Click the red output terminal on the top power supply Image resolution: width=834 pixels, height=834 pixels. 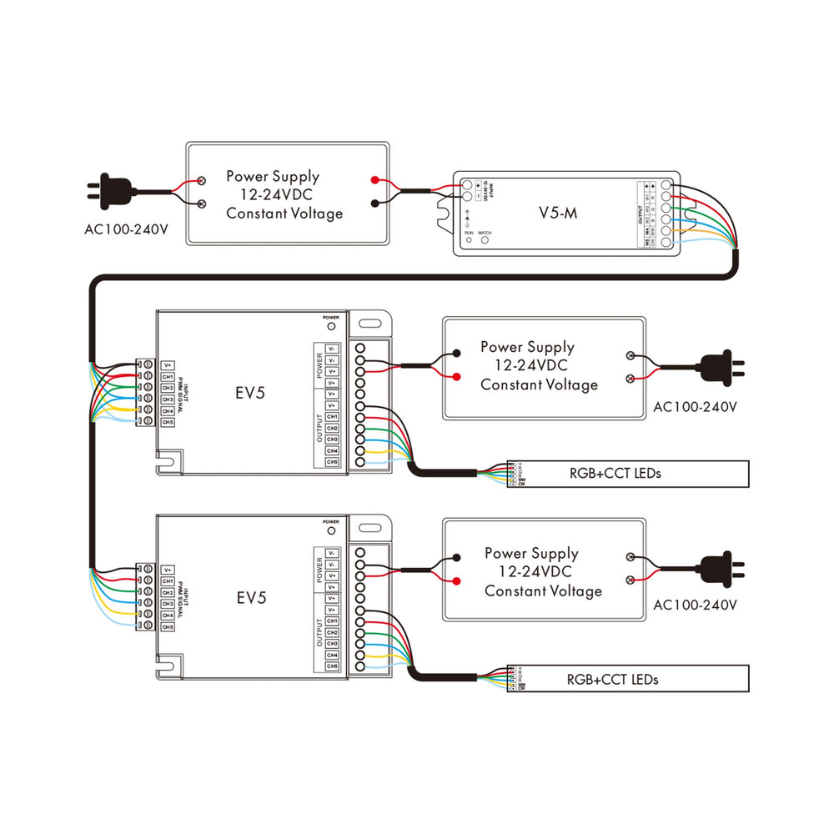(x=376, y=180)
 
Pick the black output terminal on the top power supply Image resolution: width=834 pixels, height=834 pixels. (x=376, y=203)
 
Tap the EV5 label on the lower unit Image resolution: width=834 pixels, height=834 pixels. (x=250, y=597)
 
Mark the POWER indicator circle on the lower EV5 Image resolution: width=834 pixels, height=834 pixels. (x=331, y=530)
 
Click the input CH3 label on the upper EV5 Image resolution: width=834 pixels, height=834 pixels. (x=168, y=399)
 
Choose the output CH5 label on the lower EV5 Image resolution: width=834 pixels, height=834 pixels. (x=332, y=666)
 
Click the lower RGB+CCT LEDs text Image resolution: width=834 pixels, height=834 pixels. (x=613, y=680)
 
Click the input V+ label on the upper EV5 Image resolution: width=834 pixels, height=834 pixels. (x=168, y=365)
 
